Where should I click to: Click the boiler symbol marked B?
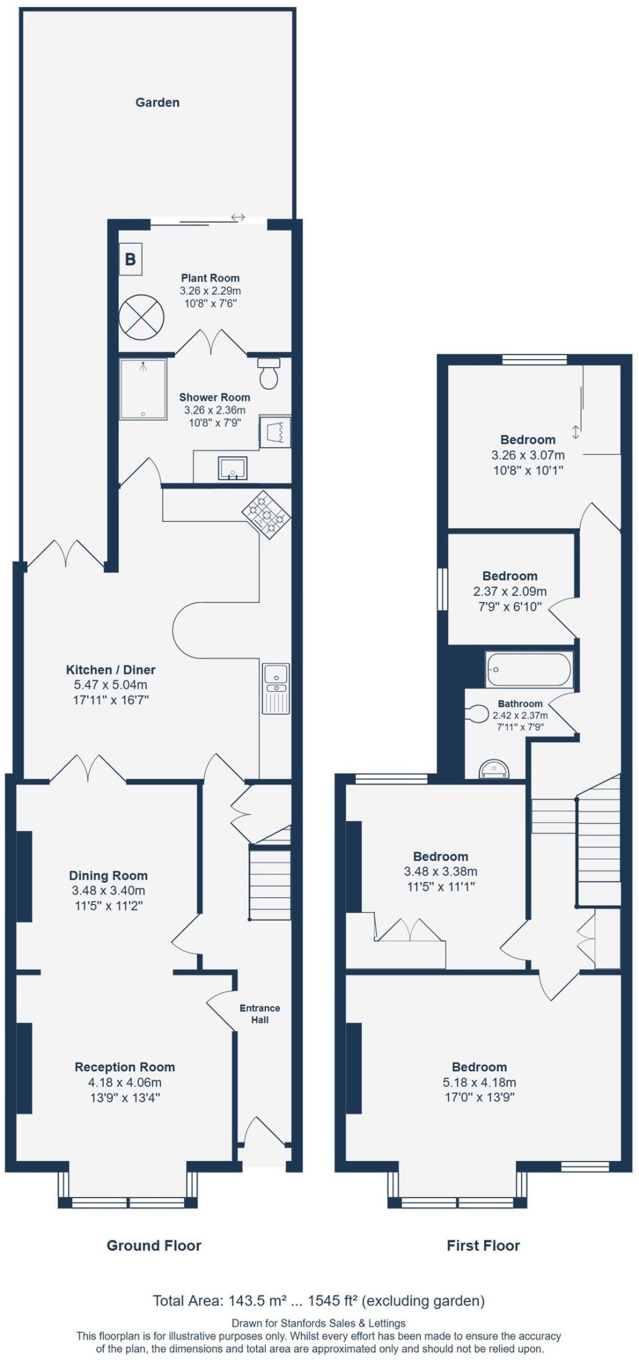[131, 259]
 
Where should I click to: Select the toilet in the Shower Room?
[269, 375]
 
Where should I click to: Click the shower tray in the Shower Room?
[143, 390]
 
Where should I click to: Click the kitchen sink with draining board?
[276, 688]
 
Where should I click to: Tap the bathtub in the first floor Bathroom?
[528, 669]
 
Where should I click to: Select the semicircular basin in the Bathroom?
[495, 770]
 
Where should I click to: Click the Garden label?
[157, 102]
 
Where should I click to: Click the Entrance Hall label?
[260, 1013]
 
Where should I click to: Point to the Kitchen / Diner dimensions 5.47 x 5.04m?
[111, 685]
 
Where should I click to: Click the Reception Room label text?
[125, 1066]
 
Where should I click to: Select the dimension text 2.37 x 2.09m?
[509, 591]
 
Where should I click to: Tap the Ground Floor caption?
[153, 1245]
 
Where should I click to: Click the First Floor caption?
[483, 1245]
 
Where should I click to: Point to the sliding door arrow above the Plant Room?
[238, 217]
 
